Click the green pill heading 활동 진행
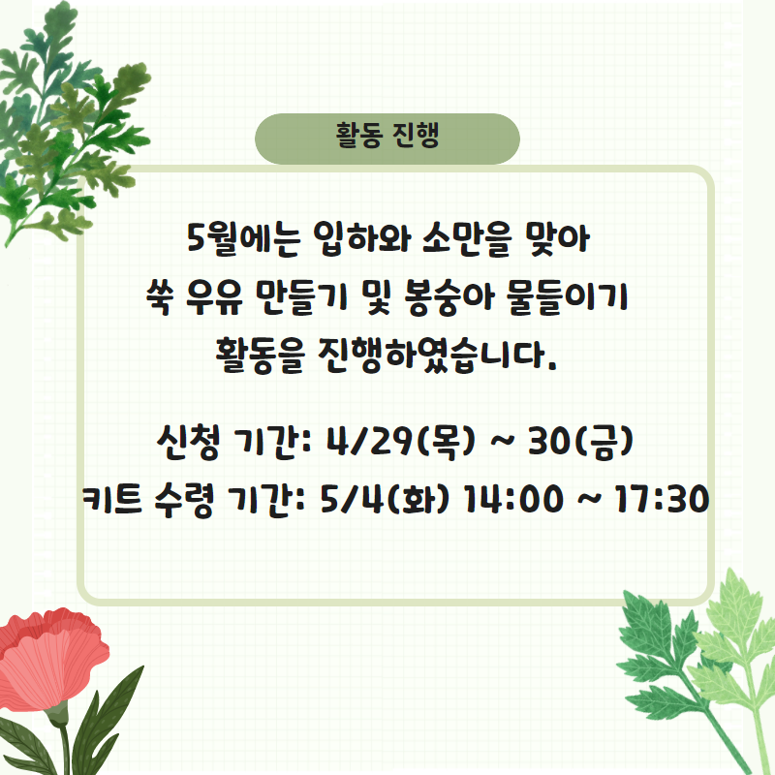(387, 139)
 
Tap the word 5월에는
(244, 239)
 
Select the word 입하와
(362, 239)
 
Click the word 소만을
(466, 239)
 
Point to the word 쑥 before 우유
(159, 298)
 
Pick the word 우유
(214, 298)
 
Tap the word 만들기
(302, 298)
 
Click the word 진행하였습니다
(438, 356)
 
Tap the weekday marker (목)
(446, 441)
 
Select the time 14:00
(511, 499)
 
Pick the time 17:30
(660, 499)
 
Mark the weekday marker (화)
(419, 499)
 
